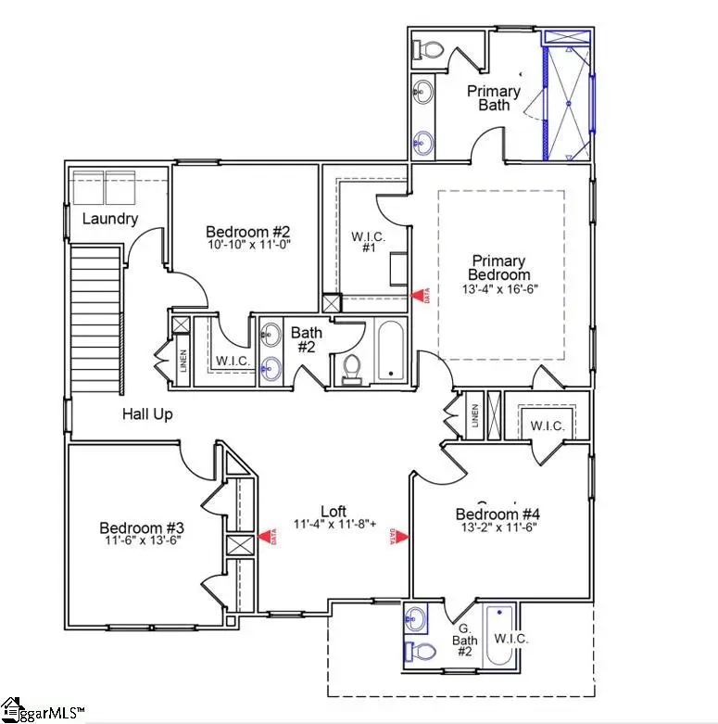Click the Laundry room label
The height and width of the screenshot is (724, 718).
coord(110,219)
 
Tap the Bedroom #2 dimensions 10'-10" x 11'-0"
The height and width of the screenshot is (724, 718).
coord(248,246)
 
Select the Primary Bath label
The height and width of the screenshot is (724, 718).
coord(494,97)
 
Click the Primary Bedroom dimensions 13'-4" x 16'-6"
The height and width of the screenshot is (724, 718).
coord(499,288)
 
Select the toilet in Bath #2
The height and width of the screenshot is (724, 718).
coord(351,368)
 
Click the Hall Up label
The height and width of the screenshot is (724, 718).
coord(147,414)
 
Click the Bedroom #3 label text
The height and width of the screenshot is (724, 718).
coord(137,528)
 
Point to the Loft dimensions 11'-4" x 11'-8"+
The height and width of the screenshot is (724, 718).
coord(334,525)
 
